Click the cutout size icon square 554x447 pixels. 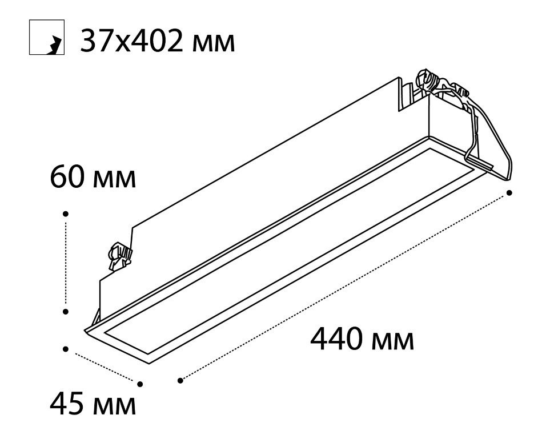tap(47, 37)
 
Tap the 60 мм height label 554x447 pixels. tap(93, 178)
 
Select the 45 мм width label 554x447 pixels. tap(93, 404)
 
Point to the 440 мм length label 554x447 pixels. tap(362, 339)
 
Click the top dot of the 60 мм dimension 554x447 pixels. tap(65, 214)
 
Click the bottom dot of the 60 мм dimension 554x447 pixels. tap(65, 312)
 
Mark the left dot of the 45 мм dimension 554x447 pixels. tap(65, 349)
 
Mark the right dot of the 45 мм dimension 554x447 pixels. tap(140, 384)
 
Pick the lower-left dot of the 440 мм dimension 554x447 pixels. tap(180, 380)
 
